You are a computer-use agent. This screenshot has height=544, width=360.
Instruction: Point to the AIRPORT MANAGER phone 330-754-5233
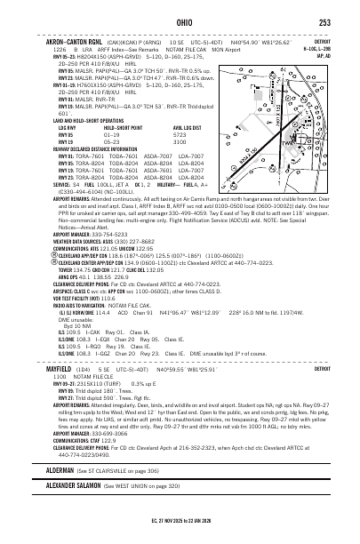click(x=113, y=234)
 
